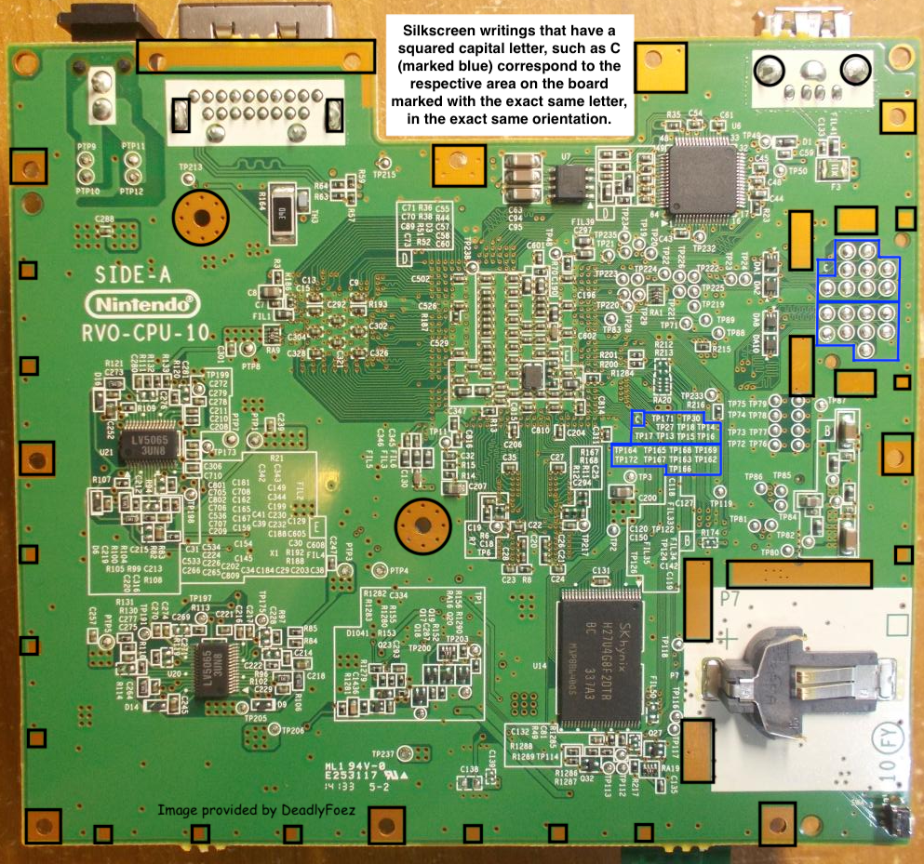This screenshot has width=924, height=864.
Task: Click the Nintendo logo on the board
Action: (x=142, y=303)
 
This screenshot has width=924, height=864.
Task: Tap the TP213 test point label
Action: (x=190, y=167)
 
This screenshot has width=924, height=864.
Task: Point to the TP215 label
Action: (x=383, y=173)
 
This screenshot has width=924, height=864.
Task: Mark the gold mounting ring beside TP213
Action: (x=200, y=216)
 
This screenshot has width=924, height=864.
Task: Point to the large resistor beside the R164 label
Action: (x=283, y=216)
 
